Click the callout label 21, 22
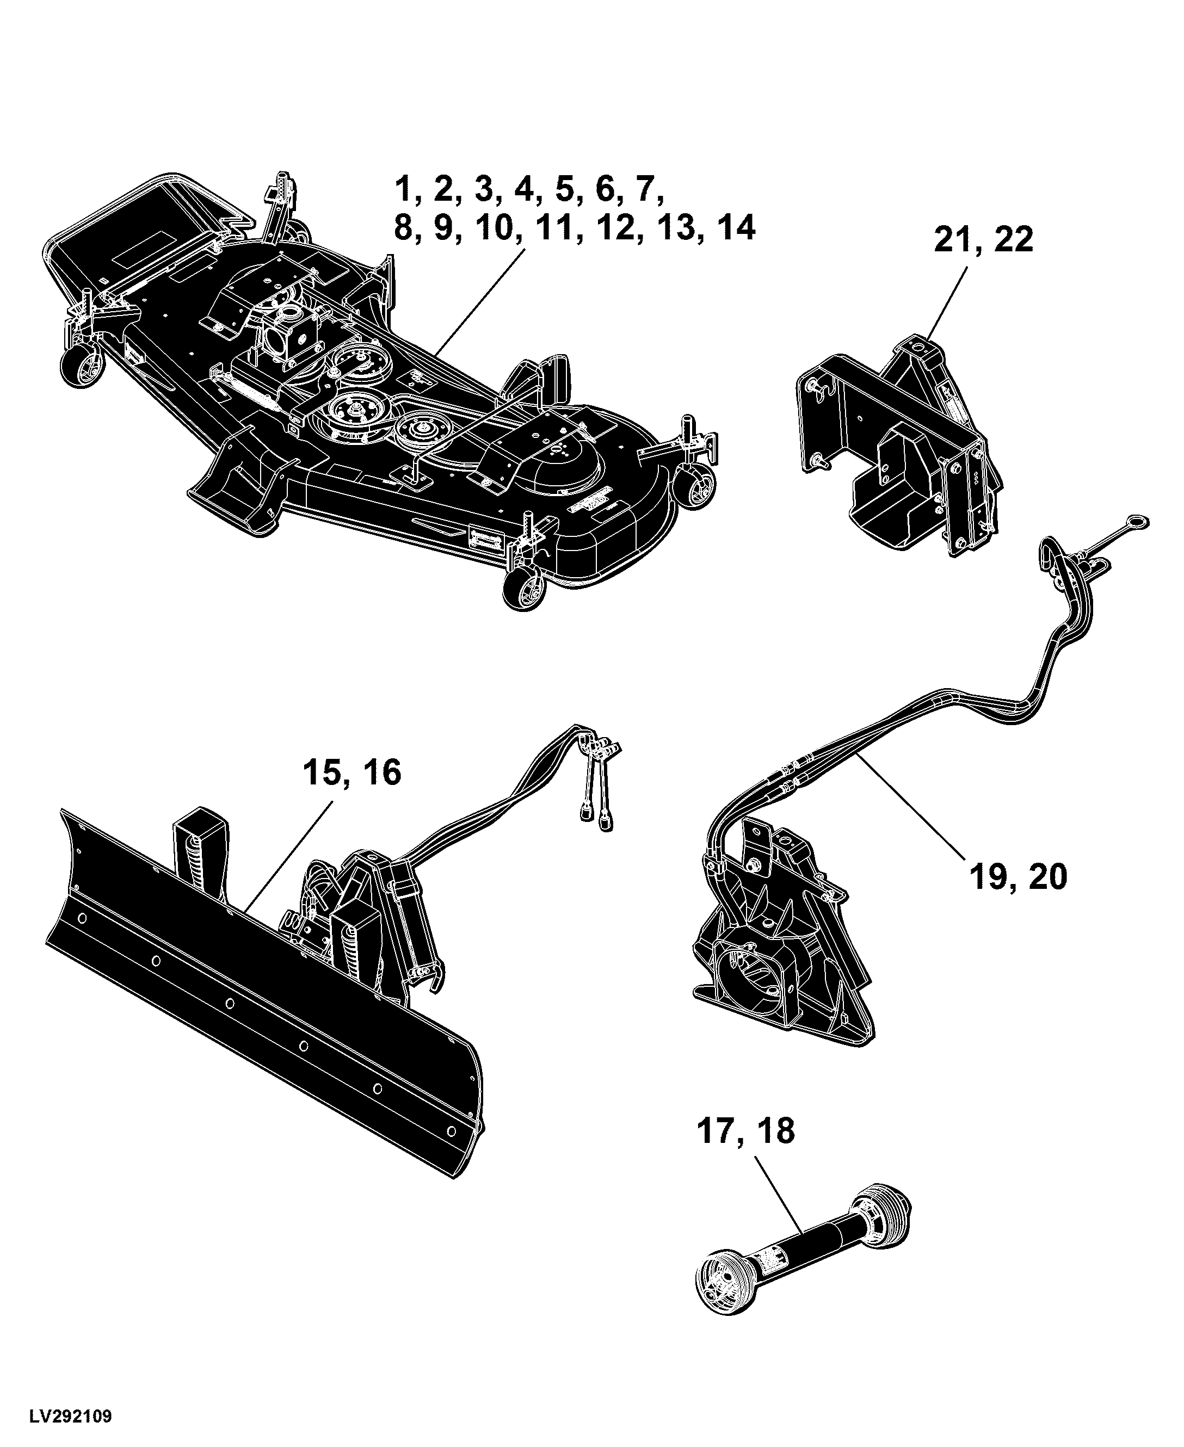pyautogui.click(x=983, y=240)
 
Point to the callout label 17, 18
pyautogui.click(x=745, y=1130)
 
